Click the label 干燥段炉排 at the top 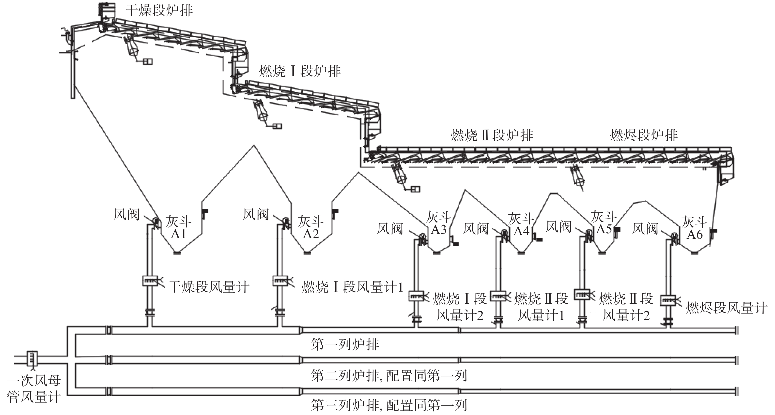coord(159,11)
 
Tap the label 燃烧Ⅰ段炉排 coord(300,72)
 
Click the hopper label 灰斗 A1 coord(178,228)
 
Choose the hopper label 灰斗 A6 coord(694,228)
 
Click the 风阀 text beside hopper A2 coord(256,214)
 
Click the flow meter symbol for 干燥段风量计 coord(150,281)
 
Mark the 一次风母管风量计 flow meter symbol coord(32,358)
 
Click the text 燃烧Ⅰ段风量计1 coord(352,287)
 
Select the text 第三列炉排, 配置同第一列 coord(389,405)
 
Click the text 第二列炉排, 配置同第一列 coord(389,376)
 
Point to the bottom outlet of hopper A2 coord(308,253)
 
